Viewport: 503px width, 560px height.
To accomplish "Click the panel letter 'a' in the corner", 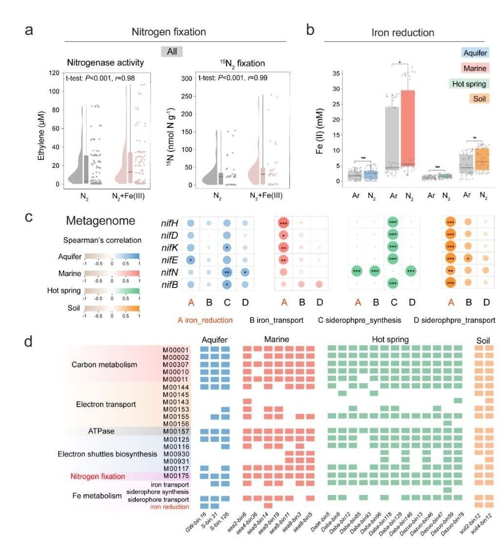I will click(x=29, y=31).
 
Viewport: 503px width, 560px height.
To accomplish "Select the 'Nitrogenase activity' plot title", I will click(x=105, y=62).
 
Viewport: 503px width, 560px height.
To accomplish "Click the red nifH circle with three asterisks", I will click(x=284, y=223).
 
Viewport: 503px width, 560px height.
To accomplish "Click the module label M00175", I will click(x=177, y=476).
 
